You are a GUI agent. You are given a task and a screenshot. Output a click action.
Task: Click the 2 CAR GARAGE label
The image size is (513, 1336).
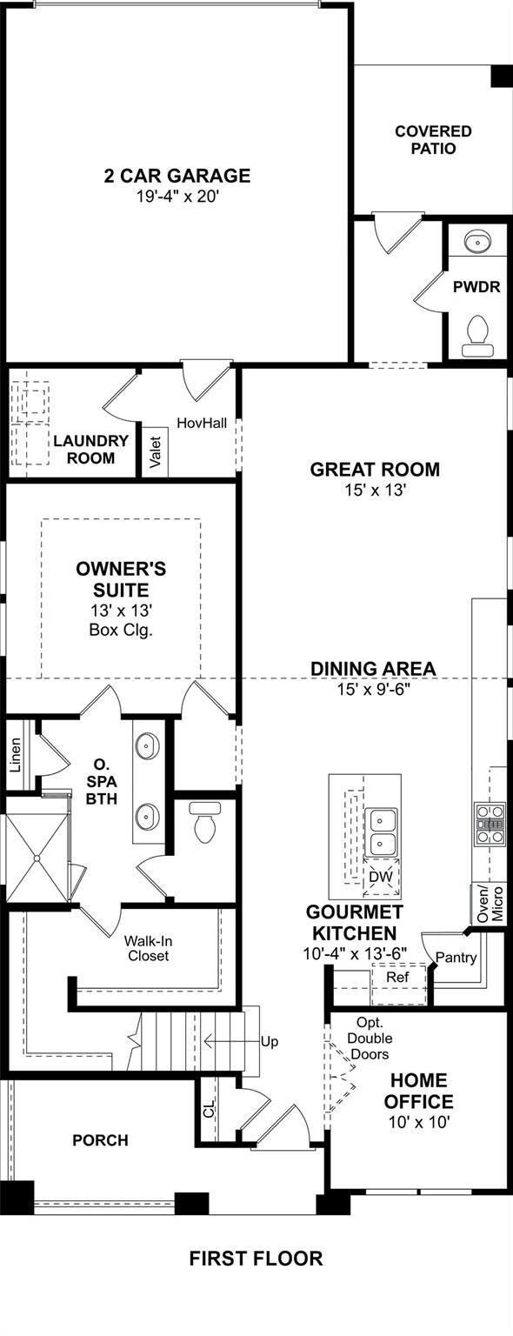(x=177, y=176)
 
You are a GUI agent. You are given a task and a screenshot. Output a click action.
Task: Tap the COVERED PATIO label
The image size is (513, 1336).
(x=434, y=139)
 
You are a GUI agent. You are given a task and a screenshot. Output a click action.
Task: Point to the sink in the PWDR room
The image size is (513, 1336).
(x=478, y=243)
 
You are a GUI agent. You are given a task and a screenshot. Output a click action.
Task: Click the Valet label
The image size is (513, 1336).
(x=155, y=452)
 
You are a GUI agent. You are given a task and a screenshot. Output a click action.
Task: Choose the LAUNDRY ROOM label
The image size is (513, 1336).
(x=90, y=449)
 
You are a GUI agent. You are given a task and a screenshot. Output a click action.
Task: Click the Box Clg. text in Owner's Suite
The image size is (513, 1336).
(x=121, y=630)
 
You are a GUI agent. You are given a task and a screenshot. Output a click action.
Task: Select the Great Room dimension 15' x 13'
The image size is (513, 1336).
(x=376, y=491)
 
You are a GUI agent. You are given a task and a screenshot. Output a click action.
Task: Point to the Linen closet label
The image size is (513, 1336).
(x=16, y=756)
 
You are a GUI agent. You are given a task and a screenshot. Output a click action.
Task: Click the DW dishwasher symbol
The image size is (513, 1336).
(x=381, y=878)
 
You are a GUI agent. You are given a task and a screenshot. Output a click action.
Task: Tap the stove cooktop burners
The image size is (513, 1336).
(x=490, y=825)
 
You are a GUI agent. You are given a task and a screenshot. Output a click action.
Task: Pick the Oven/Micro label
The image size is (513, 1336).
(x=490, y=905)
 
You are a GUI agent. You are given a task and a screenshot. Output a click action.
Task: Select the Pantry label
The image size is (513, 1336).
(x=456, y=958)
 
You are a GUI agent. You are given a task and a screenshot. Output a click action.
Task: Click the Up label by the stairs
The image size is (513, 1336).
(x=270, y=1042)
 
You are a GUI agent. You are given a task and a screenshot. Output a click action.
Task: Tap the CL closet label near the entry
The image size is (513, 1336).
(x=208, y=1110)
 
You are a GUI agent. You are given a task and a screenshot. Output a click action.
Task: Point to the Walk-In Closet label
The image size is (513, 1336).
(x=147, y=948)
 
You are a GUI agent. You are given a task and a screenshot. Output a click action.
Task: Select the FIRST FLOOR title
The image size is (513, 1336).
(x=256, y=1259)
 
